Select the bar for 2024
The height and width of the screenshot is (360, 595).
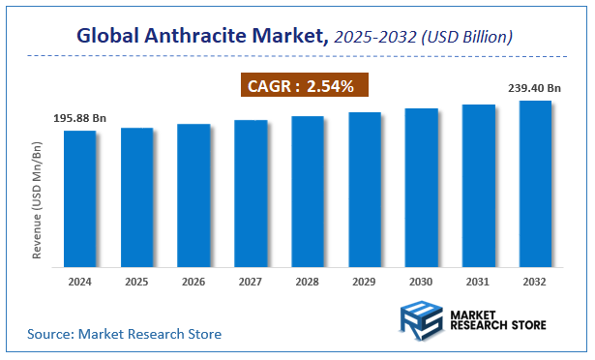[80, 198]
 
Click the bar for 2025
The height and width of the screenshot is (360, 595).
[137, 196]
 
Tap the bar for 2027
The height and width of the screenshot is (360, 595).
[251, 193]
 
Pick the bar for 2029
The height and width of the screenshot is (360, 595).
[365, 189]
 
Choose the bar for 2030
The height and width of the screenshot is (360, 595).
[422, 187]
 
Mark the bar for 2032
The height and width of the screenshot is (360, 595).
[535, 183]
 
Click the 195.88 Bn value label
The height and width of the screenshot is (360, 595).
[80, 118]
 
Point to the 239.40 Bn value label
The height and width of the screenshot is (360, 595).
[534, 88]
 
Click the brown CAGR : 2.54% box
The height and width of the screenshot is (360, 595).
[303, 86]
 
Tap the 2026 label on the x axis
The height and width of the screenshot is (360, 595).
[193, 282]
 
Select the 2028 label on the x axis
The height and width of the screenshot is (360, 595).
[308, 282]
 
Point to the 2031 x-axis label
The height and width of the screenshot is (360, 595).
[478, 282]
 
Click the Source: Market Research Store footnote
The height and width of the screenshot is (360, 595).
[124, 334]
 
